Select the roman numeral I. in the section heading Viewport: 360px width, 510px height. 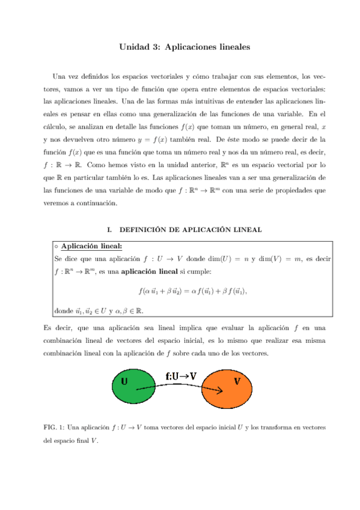(109, 229)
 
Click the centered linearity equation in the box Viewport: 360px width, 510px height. (193, 291)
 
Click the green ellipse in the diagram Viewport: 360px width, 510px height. (134, 387)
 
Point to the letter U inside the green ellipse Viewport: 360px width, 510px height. (124, 381)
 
